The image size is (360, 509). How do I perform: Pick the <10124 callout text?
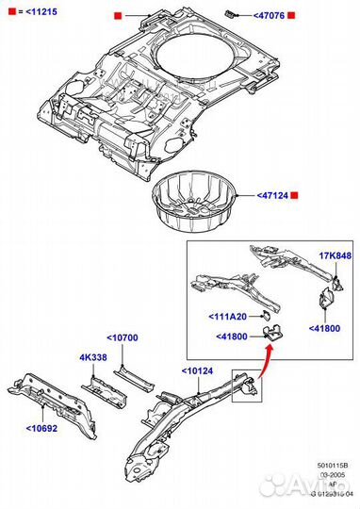tap(199, 370)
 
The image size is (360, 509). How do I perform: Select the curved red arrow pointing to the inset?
tap(268, 358)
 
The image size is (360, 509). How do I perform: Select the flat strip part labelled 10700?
tap(132, 378)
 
